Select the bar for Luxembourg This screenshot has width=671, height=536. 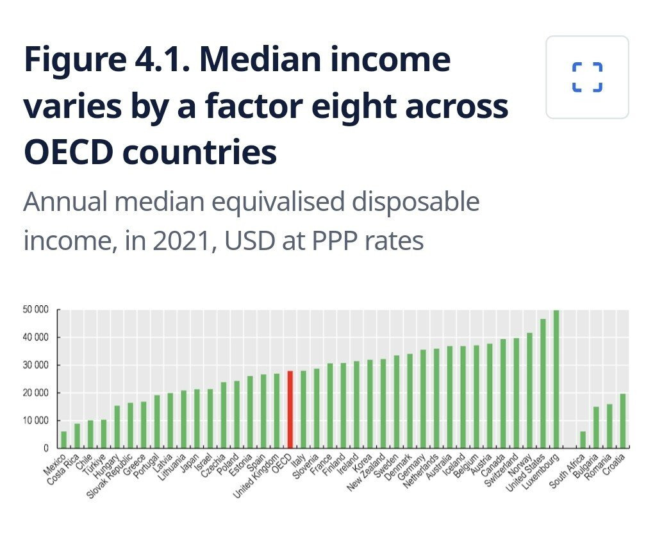[x=556, y=378]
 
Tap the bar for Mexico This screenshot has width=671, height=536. [x=63, y=439]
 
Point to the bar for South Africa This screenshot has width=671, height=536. [x=583, y=439]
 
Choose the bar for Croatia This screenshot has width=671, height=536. [x=622, y=421]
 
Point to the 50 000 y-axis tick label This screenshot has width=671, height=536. [x=35, y=310]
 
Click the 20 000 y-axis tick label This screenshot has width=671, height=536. [x=35, y=393]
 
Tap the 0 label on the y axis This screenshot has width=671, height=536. [x=46, y=448]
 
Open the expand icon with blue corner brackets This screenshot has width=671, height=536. [x=587, y=78]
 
